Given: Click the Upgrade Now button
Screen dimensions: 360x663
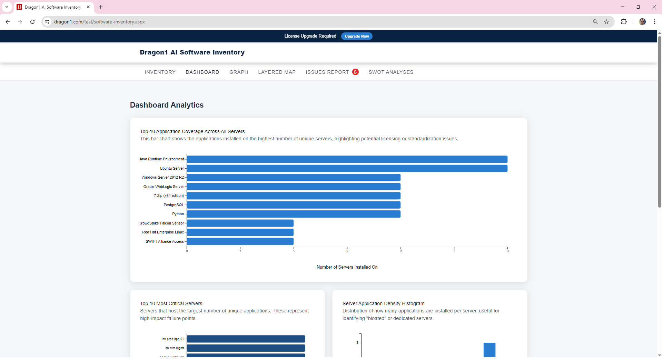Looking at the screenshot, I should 357,36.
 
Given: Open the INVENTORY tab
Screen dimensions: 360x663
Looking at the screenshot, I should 160,72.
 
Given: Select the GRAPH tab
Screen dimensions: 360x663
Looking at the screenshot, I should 239,72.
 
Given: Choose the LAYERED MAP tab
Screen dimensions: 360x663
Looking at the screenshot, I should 277,72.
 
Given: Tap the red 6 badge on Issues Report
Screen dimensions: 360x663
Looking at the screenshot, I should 355,72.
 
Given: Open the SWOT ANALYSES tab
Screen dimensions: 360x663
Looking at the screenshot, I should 391,72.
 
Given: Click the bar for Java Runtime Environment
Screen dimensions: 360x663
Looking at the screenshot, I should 347,159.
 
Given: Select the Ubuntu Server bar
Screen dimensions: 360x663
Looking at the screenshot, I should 347,168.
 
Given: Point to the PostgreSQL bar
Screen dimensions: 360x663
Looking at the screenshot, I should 293,205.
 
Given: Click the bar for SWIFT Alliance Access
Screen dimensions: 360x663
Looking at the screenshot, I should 240,241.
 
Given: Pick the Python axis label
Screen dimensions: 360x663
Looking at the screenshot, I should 178,214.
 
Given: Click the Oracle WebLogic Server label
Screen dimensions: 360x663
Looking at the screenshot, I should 164,187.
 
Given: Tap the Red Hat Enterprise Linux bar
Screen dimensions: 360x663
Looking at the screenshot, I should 240,232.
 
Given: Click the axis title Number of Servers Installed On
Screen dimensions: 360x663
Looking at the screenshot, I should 347,267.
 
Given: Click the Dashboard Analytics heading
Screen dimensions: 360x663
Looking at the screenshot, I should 167,105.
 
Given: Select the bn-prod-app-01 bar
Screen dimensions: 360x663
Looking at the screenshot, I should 246,339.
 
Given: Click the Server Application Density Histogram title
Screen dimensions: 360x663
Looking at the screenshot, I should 383,303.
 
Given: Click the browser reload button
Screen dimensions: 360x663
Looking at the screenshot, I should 32,22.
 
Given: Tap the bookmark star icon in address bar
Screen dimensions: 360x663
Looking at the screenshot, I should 606,22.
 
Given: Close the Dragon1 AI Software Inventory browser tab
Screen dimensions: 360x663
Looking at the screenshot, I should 88,7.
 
